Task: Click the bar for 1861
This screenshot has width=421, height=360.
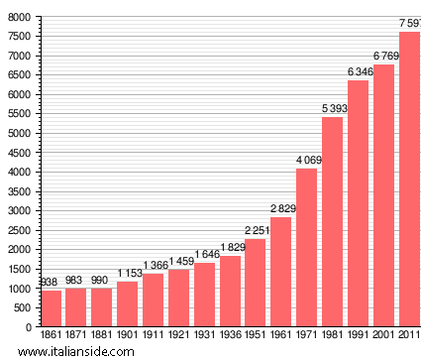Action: (x=51, y=308)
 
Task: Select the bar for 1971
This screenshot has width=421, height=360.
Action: (x=306, y=247)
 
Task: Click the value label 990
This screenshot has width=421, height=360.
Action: (x=101, y=280)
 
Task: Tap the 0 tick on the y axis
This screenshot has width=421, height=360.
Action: (x=29, y=326)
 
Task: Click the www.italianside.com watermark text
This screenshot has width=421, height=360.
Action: (x=63, y=352)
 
